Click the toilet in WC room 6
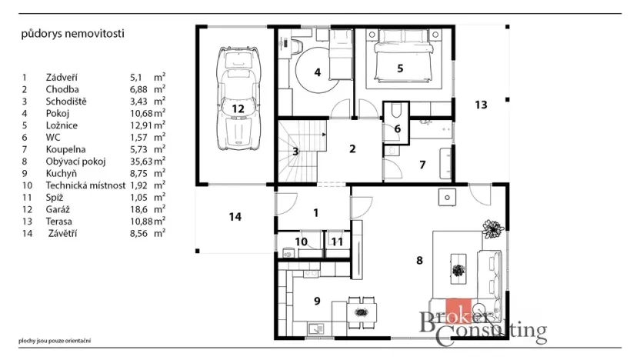pyautogui.click(x=397, y=112)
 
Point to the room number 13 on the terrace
pyautogui.click(x=481, y=105)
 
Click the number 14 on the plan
pyautogui.click(x=235, y=217)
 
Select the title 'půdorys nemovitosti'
pyautogui.click(x=73, y=34)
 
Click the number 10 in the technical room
pyautogui.click(x=302, y=242)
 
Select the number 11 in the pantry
pyautogui.click(x=336, y=242)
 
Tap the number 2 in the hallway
pyautogui.click(x=352, y=148)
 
